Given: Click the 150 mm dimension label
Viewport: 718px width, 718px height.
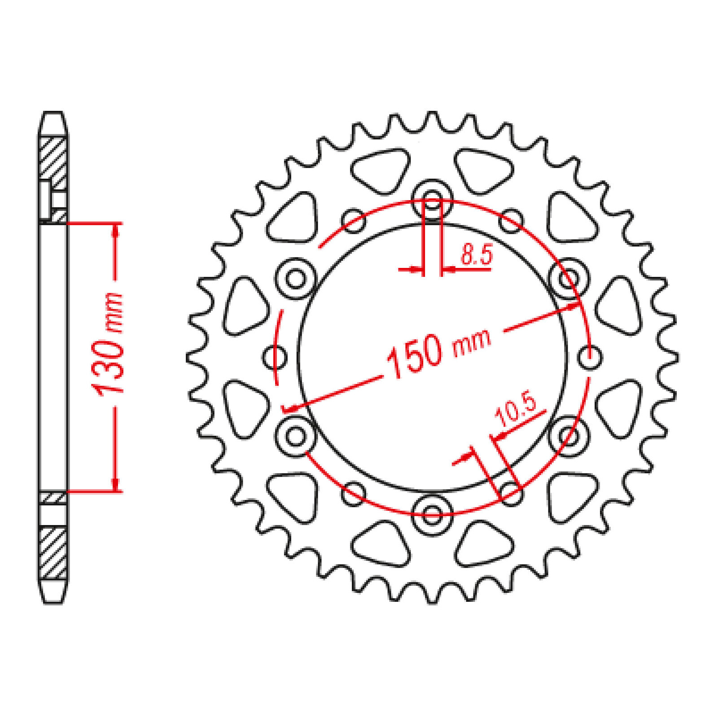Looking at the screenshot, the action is pyautogui.click(x=438, y=353).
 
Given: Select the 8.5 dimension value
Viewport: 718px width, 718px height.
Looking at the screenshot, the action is pyautogui.click(x=477, y=255).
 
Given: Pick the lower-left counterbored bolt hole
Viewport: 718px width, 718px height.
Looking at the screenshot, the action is pyautogui.click(x=296, y=436).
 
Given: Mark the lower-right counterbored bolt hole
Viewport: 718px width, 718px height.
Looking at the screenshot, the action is pyautogui.click(x=569, y=436).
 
